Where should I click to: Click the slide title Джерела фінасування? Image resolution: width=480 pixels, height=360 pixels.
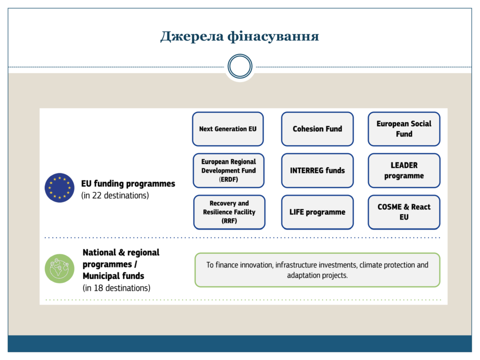pos(240,36)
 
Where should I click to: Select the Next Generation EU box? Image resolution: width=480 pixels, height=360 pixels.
pos(228,129)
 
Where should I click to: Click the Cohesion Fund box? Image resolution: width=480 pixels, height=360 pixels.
pos(317,129)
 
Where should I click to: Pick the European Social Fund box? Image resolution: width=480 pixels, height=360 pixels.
pos(404,129)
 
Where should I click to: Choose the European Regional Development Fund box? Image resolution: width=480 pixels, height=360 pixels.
pos(228,170)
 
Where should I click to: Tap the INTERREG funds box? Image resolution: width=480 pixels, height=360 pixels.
pos(317,170)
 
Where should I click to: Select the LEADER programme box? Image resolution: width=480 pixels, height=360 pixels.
pos(404,170)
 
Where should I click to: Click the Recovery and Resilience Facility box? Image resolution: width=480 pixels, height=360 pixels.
pos(229,212)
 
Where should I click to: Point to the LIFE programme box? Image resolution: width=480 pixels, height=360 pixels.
pos(317,212)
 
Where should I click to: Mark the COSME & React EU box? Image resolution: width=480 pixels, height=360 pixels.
pos(404,212)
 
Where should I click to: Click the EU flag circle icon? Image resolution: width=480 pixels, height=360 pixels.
pos(59,188)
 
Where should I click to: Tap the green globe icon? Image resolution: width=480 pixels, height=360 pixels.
pos(59,269)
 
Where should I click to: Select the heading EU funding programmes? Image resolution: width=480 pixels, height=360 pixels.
pos(128,183)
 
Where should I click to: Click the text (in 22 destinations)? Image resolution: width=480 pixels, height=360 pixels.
pos(115,196)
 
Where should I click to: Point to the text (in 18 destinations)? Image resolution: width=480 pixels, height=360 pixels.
pos(117,288)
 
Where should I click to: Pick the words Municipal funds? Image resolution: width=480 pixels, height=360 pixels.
pos(113,276)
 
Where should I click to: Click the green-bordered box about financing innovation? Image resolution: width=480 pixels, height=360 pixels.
pos(317,270)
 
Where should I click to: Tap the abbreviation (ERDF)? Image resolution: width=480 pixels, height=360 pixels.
pos(228,179)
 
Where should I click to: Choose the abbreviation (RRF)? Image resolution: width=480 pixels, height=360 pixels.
pos(229,221)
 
